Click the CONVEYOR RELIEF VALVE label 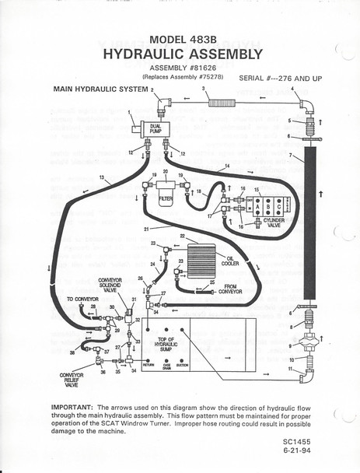(x=72, y=380)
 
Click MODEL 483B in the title (x=180, y=40)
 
